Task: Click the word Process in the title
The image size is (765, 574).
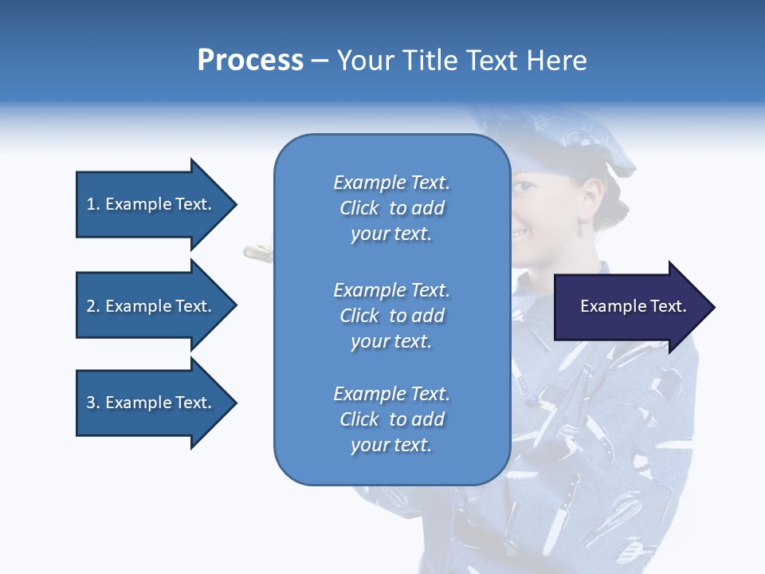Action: point(250,61)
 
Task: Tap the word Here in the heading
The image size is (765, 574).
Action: point(556,61)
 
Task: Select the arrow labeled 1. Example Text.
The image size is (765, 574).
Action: point(151,204)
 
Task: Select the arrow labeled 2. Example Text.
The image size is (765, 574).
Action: point(151,306)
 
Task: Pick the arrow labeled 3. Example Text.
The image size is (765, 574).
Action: point(151,403)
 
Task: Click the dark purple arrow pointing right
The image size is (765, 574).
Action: point(630,307)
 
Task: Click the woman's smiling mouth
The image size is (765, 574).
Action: point(520,234)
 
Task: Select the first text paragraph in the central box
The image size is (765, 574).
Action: point(391,208)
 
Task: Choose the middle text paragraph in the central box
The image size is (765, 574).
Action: point(391,316)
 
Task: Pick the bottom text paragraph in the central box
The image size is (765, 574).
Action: point(391,419)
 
